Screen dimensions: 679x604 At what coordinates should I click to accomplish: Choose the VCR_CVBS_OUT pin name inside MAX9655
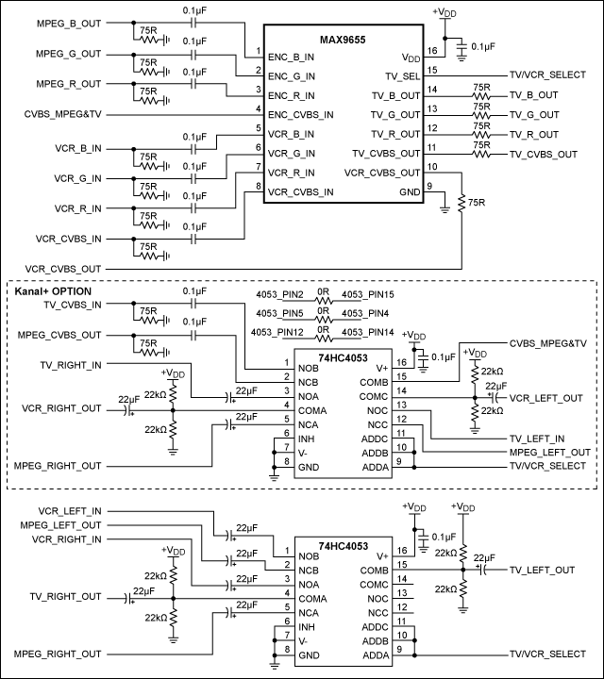(381, 173)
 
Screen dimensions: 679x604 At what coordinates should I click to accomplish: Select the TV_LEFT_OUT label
(542, 570)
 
